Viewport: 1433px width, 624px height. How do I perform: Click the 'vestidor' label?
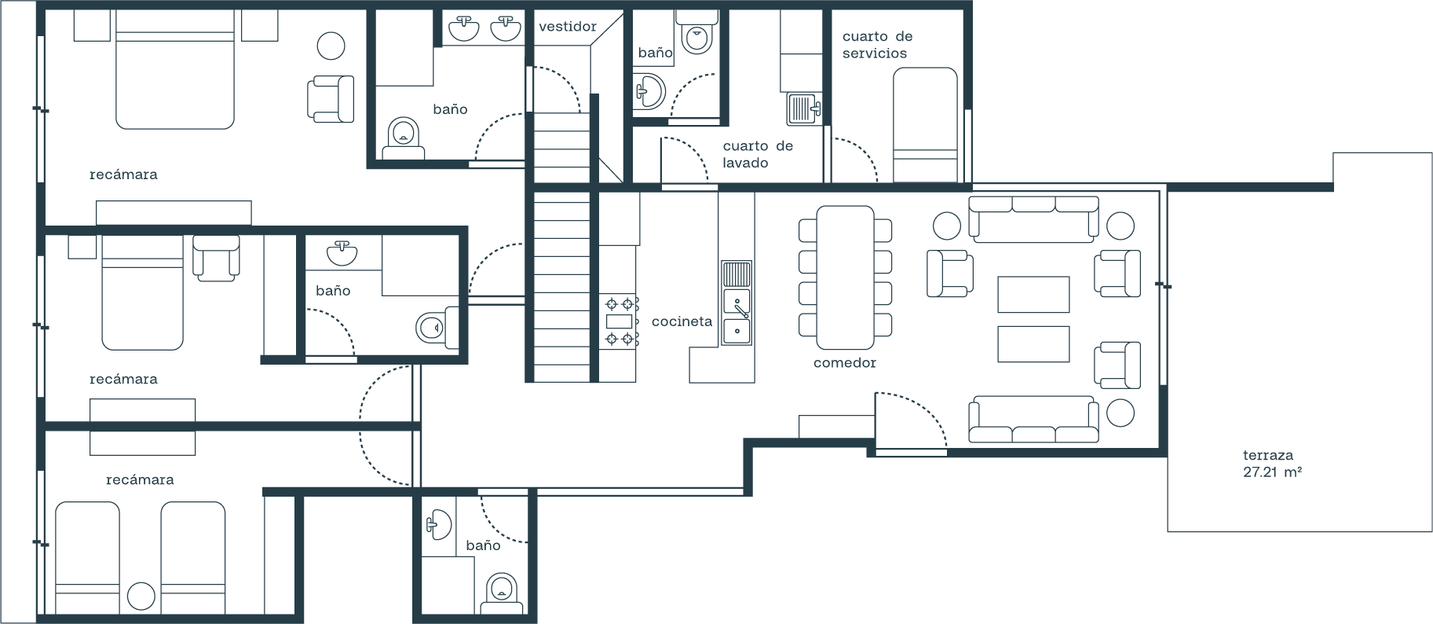point(568,27)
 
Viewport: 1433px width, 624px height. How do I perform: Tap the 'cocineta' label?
point(682,321)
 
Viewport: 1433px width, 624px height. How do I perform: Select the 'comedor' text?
point(844,362)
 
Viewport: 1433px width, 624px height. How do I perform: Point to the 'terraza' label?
point(1267,455)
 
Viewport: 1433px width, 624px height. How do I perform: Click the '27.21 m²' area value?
point(1272,472)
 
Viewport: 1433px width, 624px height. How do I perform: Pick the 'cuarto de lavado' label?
point(758,154)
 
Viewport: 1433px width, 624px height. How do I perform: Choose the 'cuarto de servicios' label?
point(877,45)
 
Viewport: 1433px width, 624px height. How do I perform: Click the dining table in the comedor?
point(845,277)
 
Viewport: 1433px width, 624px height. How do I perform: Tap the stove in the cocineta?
point(620,321)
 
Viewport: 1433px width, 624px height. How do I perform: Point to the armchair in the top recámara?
point(330,99)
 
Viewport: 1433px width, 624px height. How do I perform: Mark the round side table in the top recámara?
point(331,46)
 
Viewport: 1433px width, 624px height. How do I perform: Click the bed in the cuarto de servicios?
point(925,125)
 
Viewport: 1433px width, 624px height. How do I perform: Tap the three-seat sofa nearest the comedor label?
point(1033,419)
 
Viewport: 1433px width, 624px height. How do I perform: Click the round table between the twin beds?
point(141,596)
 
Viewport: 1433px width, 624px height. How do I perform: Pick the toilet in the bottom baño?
point(502,594)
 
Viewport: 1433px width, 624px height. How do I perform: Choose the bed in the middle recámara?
point(142,292)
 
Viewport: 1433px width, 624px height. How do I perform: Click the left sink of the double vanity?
point(464,30)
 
